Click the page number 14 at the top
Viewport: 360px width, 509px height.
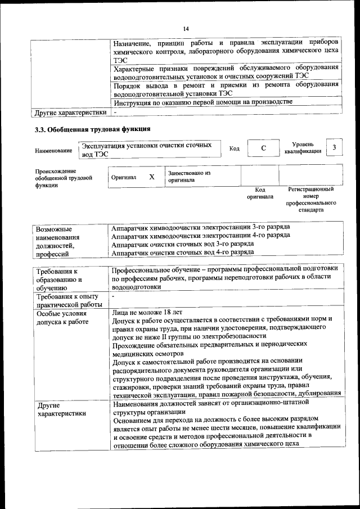click(x=186, y=29)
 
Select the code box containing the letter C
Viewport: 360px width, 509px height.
click(x=263, y=148)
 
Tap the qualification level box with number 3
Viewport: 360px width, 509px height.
click(x=334, y=147)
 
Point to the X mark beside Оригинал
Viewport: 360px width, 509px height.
click(x=151, y=177)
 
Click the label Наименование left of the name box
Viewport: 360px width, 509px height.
click(x=53, y=150)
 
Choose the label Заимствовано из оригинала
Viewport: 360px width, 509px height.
click(x=188, y=177)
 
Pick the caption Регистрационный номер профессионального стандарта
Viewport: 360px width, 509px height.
click(x=310, y=199)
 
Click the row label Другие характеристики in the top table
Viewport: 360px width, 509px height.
click(x=70, y=112)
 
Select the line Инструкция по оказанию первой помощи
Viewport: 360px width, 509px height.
click(x=202, y=102)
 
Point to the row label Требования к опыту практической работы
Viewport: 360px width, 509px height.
click(x=67, y=300)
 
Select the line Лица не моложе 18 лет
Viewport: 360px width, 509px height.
click(x=147, y=311)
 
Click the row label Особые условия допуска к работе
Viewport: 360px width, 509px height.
click(x=63, y=318)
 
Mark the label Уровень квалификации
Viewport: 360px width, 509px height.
click(x=303, y=147)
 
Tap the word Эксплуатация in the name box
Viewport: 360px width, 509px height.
click(x=106, y=145)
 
